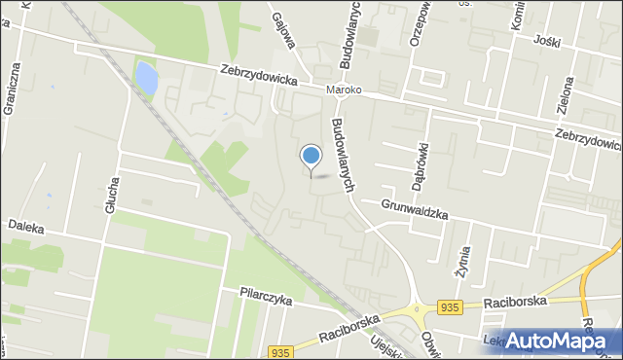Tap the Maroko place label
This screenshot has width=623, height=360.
click(344, 90)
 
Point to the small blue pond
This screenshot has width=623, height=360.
click(146, 78)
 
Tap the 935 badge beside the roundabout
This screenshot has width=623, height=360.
click(449, 307)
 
